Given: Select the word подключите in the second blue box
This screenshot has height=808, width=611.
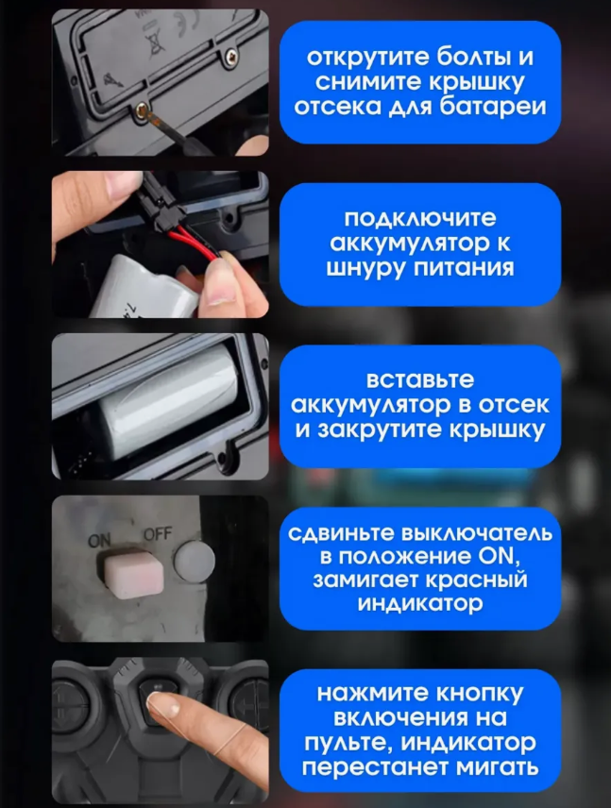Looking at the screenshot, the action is click(420, 218).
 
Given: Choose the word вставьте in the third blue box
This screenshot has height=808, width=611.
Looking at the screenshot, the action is click(420, 380).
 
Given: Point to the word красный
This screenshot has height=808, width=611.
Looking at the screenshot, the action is click(477, 581).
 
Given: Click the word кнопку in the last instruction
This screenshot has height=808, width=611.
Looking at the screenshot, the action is click(480, 694).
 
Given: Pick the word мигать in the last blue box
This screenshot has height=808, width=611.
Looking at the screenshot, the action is click(498, 767).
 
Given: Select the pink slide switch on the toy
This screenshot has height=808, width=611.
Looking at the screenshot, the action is click(134, 576).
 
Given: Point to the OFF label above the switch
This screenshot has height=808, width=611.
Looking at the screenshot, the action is click(158, 535).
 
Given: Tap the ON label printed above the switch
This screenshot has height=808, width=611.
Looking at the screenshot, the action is click(99, 540).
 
